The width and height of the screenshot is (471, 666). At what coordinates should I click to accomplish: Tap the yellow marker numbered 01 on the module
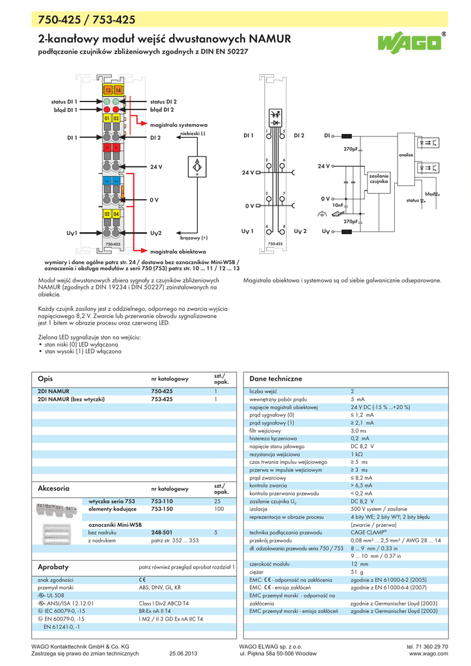[x=106, y=118]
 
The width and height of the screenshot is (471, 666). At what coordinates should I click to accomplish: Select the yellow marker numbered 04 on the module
[x=116, y=214]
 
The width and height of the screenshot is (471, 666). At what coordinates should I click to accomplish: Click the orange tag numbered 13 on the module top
[x=108, y=89]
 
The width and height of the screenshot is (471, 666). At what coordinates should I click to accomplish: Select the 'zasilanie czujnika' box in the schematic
[x=379, y=179]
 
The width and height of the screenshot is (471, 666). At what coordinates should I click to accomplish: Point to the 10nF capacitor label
[x=338, y=205]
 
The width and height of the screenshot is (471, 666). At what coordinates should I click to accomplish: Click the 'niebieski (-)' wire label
[x=193, y=133]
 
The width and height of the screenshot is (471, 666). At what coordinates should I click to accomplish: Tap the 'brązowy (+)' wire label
[x=194, y=238]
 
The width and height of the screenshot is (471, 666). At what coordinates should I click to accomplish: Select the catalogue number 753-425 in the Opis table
[x=162, y=399]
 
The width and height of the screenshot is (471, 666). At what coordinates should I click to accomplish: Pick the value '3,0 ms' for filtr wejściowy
[x=358, y=431]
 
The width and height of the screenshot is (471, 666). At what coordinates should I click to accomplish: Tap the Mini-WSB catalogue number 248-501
[x=161, y=532]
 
